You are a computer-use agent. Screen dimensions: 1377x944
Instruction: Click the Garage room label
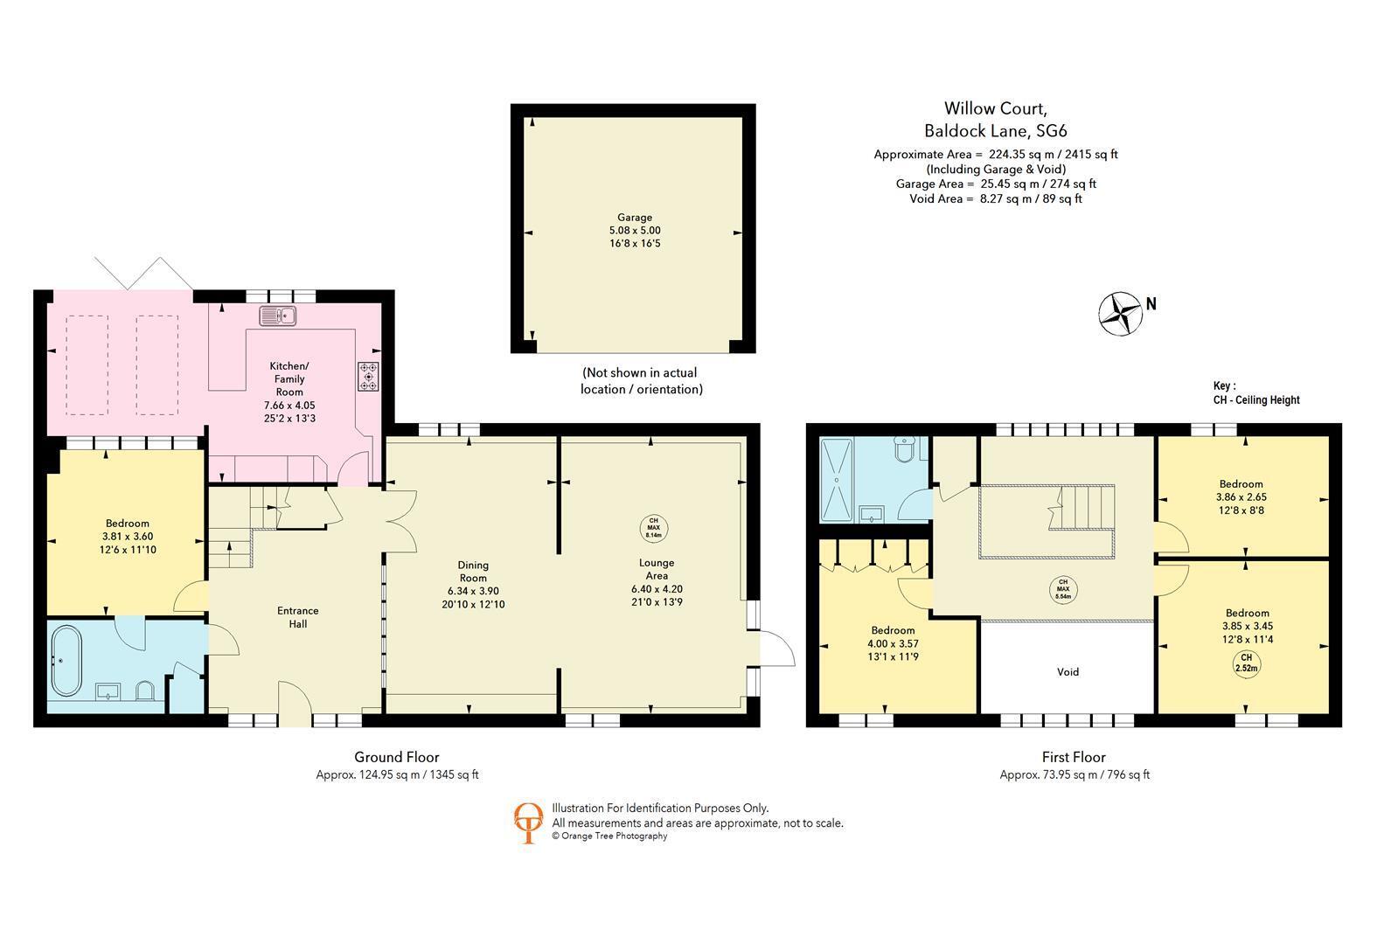(635, 218)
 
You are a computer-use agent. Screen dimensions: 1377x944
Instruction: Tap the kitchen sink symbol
(278, 316)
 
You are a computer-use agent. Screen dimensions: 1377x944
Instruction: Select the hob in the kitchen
(368, 376)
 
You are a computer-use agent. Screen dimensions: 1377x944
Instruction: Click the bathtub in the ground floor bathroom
(66, 661)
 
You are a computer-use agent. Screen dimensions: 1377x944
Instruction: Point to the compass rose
(1120, 314)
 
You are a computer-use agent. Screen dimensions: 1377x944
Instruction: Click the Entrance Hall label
(297, 617)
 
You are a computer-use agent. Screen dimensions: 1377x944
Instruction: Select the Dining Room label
(473, 571)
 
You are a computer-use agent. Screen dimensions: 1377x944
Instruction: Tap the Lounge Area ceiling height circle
(653, 528)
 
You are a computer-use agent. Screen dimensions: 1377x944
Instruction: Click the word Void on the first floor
(1068, 672)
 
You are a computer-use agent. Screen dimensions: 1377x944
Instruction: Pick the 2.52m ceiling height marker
(1246, 663)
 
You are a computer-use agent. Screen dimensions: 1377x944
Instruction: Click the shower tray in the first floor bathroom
(837, 479)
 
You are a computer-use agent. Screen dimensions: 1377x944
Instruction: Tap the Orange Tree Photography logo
(528, 823)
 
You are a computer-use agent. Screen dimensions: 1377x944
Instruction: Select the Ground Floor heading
(397, 757)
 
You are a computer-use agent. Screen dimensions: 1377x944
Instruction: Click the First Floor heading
(1074, 757)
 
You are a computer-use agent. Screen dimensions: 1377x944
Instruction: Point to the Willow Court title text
(995, 108)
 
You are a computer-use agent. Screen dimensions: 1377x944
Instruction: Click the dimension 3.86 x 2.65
(1241, 497)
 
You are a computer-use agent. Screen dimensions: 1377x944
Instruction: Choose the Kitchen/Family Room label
(289, 378)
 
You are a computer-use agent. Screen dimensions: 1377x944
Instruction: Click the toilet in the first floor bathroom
(906, 448)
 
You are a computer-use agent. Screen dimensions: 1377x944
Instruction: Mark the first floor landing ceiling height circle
(1063, 589)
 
